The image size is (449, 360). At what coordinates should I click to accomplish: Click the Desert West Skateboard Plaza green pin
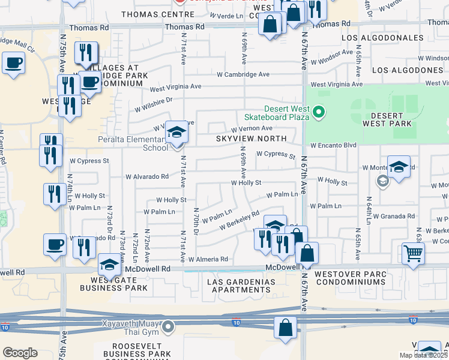pos(319,111)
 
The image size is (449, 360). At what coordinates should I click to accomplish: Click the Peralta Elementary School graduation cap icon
pos(176,134)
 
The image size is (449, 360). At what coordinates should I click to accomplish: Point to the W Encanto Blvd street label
pos(333,145)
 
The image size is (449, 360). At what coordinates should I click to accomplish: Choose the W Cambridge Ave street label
pos(243,74)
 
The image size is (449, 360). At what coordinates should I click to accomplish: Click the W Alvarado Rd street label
pos(146,176)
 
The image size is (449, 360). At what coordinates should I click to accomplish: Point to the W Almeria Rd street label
pos(208,259)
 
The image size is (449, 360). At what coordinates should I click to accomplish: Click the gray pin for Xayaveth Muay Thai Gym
pos(169,327)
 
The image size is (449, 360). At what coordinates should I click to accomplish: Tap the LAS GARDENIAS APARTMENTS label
pos(241,286)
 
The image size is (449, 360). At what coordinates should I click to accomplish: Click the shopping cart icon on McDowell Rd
pos(413,253)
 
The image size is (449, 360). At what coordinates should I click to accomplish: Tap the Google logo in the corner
pos(19,353)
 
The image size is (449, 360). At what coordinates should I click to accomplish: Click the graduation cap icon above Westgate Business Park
pos(110,264)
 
